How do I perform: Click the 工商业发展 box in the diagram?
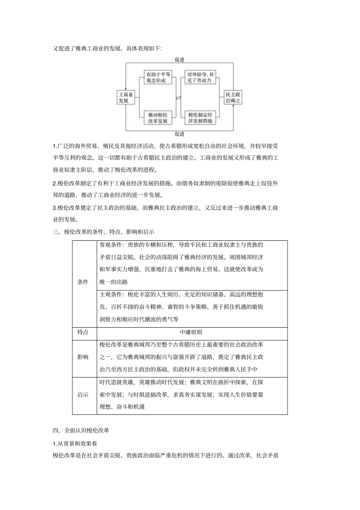point(126,97)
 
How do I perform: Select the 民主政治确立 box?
point(233,97)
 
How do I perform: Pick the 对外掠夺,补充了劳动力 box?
point(200,77)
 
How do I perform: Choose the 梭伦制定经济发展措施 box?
point(200,118)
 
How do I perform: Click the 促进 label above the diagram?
point(180,60)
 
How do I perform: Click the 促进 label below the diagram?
point(180,134)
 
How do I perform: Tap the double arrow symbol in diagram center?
point(179,98)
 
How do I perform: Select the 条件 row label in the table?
point(83,282)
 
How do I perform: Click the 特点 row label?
point(83,332)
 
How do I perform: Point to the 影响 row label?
point(83,357)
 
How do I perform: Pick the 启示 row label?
point(83,395)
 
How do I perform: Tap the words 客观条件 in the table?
point(111,245)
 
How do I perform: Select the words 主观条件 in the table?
point(111,295)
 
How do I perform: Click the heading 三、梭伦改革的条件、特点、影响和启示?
point(103,232)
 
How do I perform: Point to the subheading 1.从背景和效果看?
point(75,443)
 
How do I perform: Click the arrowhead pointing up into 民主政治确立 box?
point(233,107)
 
